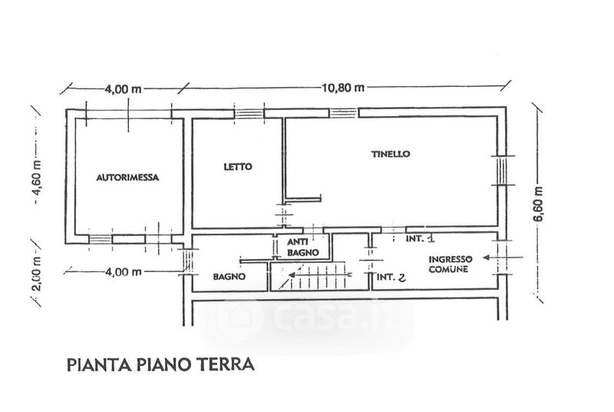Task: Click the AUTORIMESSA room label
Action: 127,178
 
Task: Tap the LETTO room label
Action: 238,167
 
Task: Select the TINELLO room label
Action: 391,154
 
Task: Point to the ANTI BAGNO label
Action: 302,248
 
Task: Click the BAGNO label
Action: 229,277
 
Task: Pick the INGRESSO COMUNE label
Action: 450,264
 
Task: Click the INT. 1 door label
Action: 421,238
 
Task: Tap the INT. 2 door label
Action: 391,277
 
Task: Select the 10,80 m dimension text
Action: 343,88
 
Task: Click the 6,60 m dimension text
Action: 539,204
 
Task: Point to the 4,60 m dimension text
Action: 38,183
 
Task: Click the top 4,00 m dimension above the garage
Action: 123,89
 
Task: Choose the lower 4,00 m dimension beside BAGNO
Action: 124,271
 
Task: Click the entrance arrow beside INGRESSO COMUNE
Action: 503,257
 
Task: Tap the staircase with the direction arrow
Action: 309,277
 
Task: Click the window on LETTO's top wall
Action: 249,114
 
